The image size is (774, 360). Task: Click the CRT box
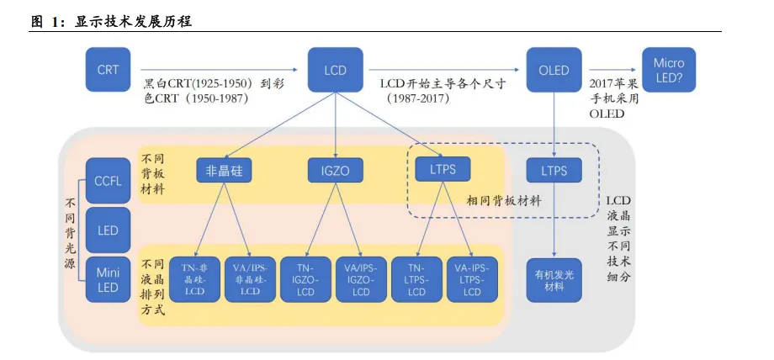coord(109,70)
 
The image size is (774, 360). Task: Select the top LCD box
coord(335,70)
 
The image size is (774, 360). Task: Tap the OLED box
coord(554,70)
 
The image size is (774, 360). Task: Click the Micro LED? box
coord(669,70)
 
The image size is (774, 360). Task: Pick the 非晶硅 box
coord(224,171)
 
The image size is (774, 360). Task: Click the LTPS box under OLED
coord(554,171)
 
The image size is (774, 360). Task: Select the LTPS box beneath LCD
coord(443,169)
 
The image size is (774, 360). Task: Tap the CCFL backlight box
coord(108,180)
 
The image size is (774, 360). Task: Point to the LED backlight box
coord(108,230)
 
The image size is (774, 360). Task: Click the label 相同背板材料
coord(505,201)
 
